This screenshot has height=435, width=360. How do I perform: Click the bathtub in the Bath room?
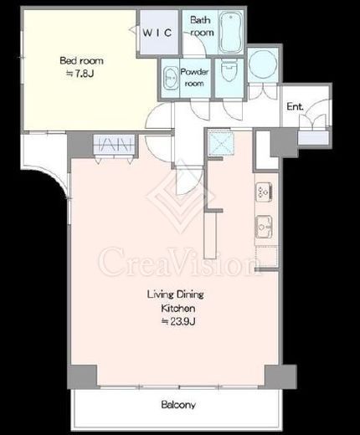click(x=230, y=32)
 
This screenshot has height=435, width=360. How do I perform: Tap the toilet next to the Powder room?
click(x=229, y=70)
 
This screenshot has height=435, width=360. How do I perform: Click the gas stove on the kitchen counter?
click(x=264, y=192)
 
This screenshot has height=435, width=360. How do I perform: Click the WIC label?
click(x=157, y=33)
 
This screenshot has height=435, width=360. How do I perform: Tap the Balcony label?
click(x=178, y=405)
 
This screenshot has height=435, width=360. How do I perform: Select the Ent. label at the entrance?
click(x=295, y=106)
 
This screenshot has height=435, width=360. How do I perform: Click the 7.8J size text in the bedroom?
click(x=80, y=74)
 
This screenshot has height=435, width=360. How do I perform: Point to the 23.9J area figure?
click(x=178, y=321)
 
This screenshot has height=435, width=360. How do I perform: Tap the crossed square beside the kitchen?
click(x=221, y=144)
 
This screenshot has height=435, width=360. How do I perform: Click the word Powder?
click(x=194, y=72)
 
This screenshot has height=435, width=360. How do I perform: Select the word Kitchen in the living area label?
click(x=178, y=309)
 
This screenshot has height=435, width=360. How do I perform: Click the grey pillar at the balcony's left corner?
click(x=83, y=376)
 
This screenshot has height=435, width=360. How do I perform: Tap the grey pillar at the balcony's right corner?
click(x=280, y=376)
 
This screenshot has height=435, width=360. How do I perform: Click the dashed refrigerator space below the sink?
click(x=266, y=256)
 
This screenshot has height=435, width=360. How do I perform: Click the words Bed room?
click(x=81, y=60)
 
